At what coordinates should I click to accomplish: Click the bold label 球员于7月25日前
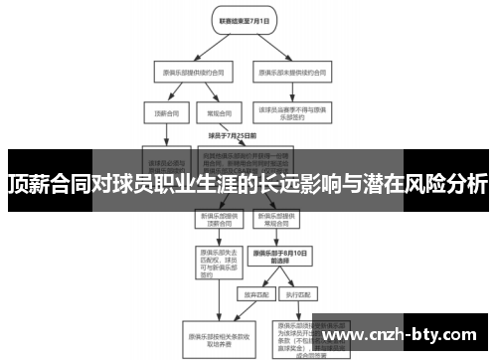coord(233,134)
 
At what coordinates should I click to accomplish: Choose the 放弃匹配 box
coord(252,295)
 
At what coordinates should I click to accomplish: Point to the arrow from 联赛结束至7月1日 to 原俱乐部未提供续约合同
coord(266,45)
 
